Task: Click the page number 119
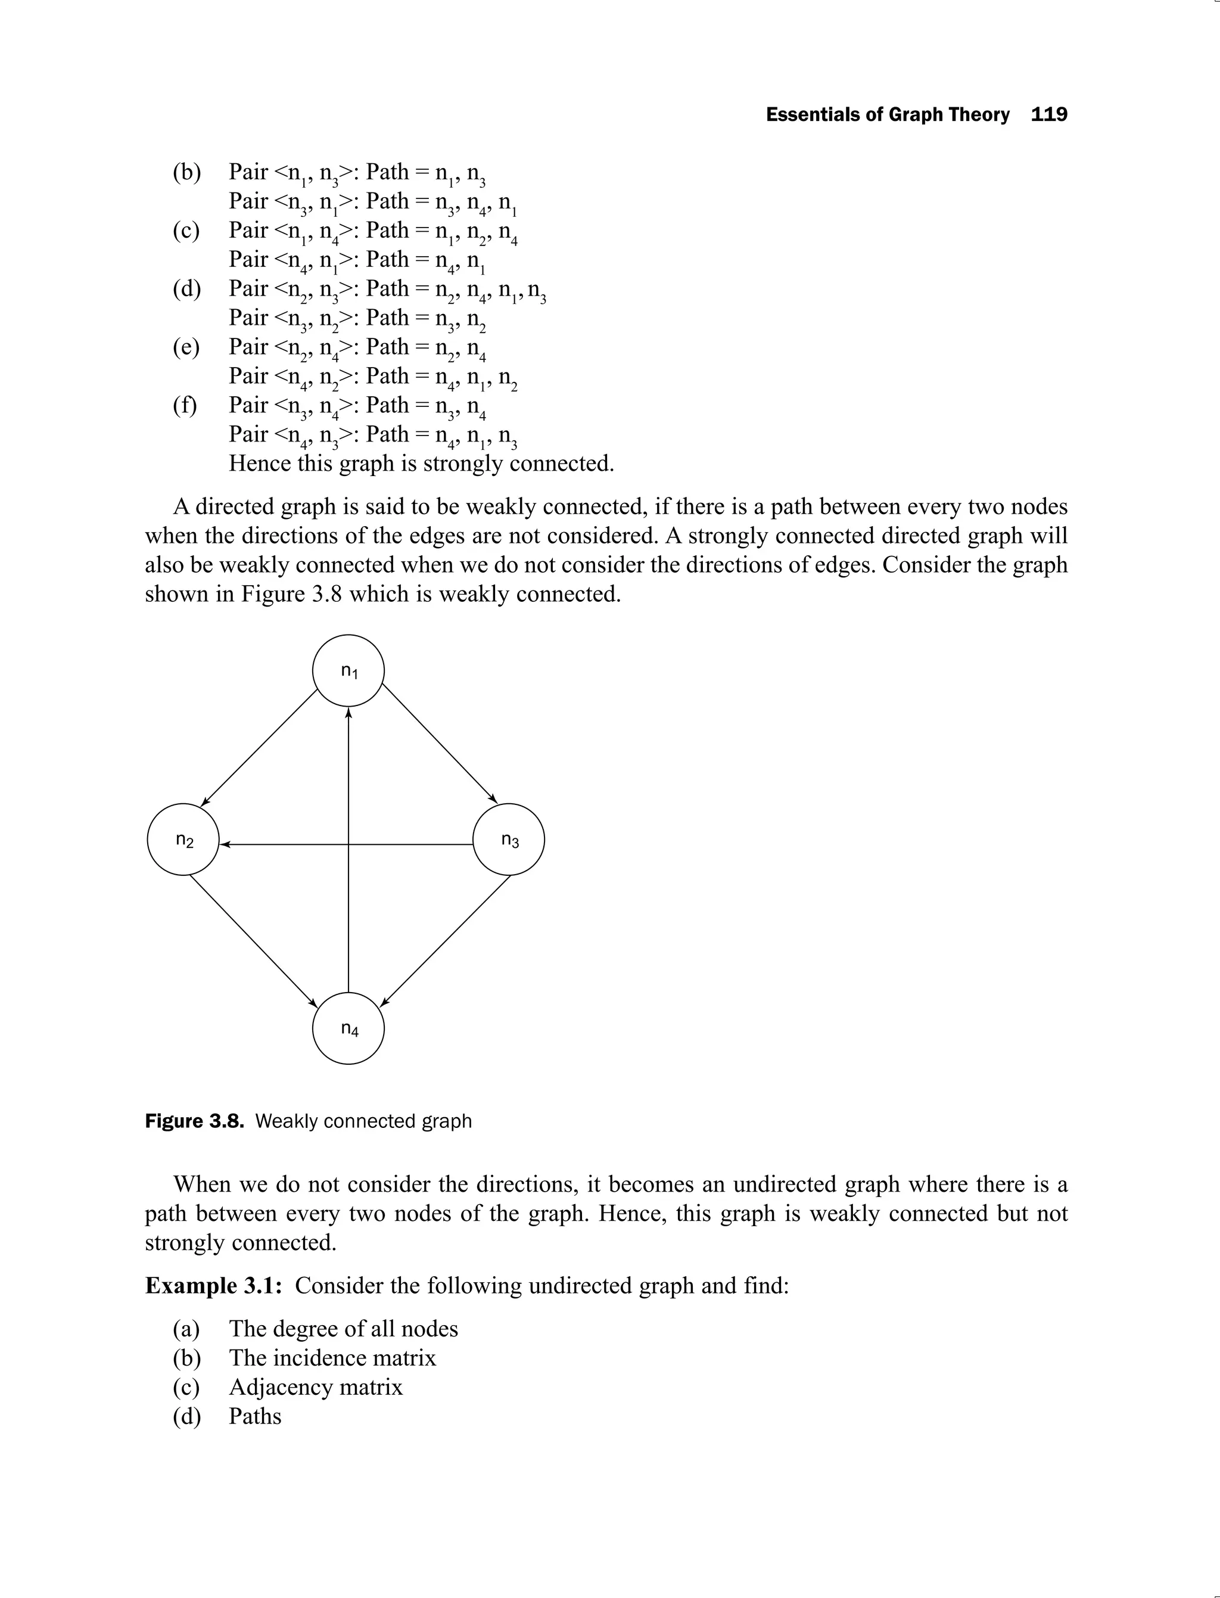1048,115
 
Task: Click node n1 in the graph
348,670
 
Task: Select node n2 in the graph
183,840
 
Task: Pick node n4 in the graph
348,1028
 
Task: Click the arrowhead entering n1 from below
348,714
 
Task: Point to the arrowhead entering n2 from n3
225,844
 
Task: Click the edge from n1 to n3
440,743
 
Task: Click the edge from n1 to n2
259,747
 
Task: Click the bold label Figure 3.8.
194,1121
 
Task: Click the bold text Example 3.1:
213,1286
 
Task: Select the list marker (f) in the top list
185,405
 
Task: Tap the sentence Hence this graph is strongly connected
421,464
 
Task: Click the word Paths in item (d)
255,1416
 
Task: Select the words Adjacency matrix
315,1386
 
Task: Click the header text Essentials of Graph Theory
888,115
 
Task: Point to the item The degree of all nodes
344,1329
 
